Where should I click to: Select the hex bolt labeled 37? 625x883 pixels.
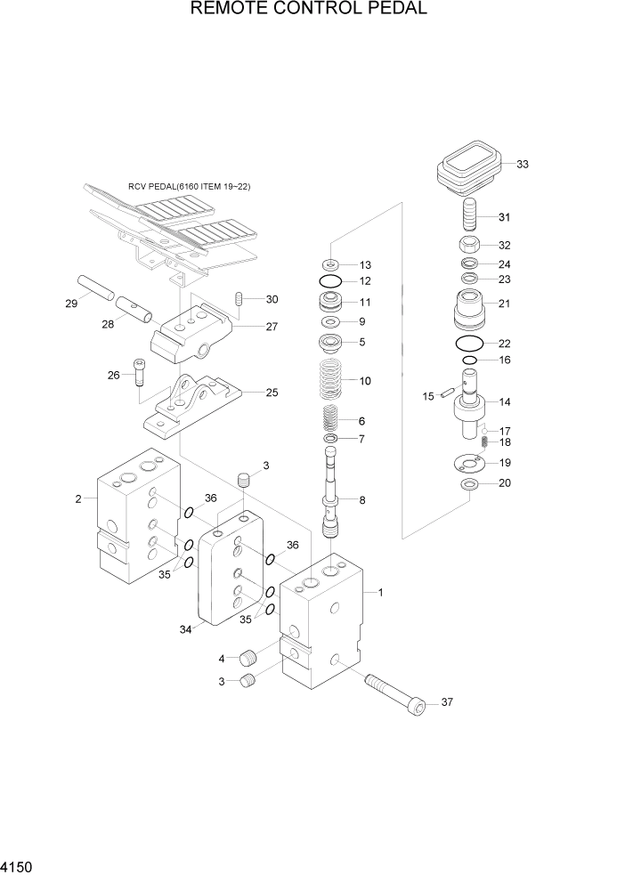pyautogui.click(x=393, y=691)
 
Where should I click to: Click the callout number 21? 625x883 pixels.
pyautogui.click(x=504, y=304)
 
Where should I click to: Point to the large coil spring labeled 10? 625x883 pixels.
pyautogui.click(x=331, y=378)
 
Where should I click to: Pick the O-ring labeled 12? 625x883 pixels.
pyautogui.click(x=330, y=282)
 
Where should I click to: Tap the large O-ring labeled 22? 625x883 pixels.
pyautogui.click(x=469, y=344)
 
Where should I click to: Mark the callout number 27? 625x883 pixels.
pyautogui.click(x=271, y=327)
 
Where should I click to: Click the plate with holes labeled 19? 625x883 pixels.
pyautogui.click(x=469, y=463)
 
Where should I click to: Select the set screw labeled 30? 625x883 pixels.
pyautogui.click(x=238, y=299)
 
